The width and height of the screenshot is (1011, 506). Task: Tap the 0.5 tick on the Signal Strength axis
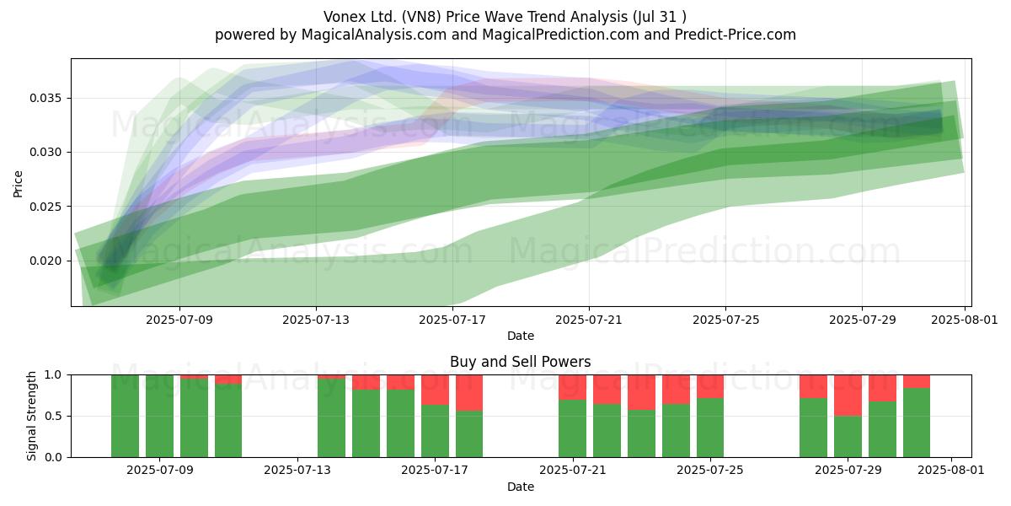click(53, 416)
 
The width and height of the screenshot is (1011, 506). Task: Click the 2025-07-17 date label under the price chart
click(452, 320)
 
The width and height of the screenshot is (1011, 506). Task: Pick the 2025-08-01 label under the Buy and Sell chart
click(951, 470)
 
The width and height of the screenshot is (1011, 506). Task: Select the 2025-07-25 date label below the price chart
click(725, 320)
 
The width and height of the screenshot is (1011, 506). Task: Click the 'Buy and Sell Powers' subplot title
click(521, 362)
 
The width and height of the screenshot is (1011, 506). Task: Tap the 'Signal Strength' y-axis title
click(31, 416)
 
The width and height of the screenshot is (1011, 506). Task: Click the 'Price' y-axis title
click(18, 184)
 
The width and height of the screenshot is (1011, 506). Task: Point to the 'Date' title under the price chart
click(521, 336)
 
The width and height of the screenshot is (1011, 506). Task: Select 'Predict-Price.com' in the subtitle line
click(736, 35)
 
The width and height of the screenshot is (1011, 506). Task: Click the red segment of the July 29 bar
click(848, 396)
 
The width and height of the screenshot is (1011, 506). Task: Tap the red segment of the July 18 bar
click(469, 393)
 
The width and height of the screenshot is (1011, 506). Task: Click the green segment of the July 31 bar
click(917, 423)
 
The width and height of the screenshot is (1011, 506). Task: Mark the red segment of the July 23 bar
click(641, 392)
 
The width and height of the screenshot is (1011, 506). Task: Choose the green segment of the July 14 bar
click(331, 418)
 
